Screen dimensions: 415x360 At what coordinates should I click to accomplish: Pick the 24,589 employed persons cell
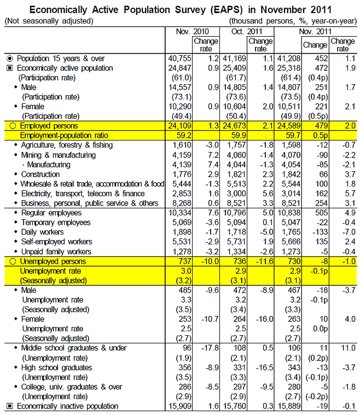coord(289,126)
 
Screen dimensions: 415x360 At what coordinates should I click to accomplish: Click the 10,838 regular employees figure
coord(289,213)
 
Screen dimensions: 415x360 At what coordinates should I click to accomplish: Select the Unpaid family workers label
coord(56,252)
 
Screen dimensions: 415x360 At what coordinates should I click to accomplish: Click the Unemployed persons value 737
coord(184,261)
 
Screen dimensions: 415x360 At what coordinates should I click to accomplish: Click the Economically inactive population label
coord(67,406)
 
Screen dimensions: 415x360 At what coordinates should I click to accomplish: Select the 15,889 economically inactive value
coord(289,406)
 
